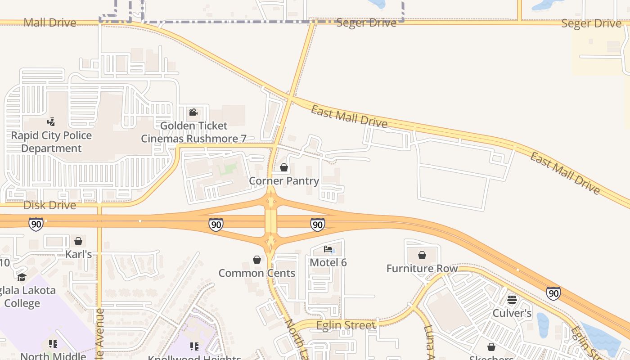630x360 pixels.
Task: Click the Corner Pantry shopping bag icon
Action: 284,168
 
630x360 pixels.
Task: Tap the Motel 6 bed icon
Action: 328,249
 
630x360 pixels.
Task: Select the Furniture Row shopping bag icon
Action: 422,256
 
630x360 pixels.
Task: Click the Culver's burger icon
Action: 512,300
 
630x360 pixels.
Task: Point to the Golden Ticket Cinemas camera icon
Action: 193,112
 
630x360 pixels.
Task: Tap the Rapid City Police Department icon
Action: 51,121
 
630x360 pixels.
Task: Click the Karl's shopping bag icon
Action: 78,242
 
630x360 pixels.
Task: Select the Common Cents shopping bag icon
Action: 257,260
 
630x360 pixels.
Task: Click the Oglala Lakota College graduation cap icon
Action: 22,277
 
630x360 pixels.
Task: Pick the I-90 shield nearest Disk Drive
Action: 36,224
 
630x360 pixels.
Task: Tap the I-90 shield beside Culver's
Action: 553,293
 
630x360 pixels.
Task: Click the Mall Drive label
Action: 50,22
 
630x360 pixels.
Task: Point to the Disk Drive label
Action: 49,205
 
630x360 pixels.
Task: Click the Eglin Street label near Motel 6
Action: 346,325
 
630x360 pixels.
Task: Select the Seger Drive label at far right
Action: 591,23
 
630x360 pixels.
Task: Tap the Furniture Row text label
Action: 422,269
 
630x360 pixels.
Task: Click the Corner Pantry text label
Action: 284,181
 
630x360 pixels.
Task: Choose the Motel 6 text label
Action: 328,262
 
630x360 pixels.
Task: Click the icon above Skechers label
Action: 491,347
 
